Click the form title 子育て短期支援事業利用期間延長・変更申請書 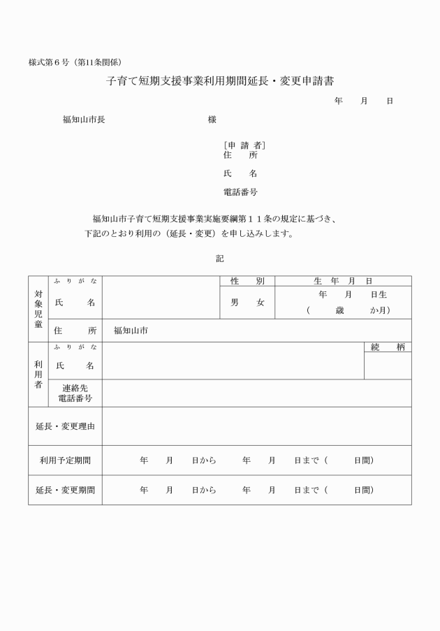click(x=220, y=81)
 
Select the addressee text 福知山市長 click(x=84, y=119)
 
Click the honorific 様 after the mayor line click(x=212, y=119)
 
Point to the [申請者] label click(x=244, y=145)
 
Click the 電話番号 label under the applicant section click(x=240, y=191)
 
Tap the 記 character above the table click(x=220, y=259)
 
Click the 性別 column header click(x=247, y=281)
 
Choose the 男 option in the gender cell click(x=235, y=303)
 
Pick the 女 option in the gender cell click(x=261, y=303)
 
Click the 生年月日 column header click(x=343, y=281)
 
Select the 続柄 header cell click(x=388, y=347)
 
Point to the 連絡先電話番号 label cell click(x=75, y=393)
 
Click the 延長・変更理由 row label click(x=65, y=426)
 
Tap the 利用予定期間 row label click(x=65, y=460)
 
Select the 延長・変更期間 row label click(x=65, y=491)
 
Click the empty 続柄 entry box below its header click(x=388, y=366)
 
